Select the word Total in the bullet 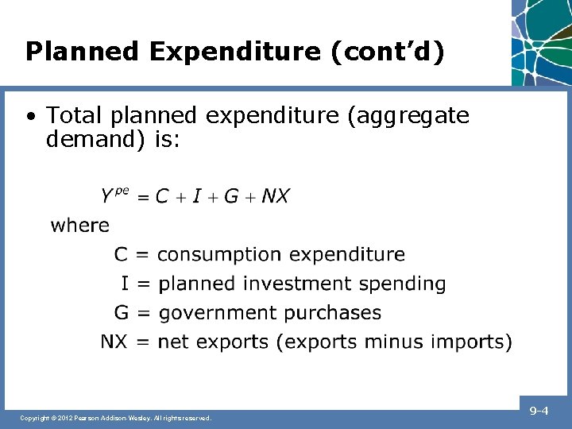[x=76, y=116]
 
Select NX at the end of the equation [x=275, y=196]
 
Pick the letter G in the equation [x=231, y=196]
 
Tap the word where [x=80, y=226]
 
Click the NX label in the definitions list [x=113, y=342]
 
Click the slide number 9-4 [x=539, y=411]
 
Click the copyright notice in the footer [x=116, y=417]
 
